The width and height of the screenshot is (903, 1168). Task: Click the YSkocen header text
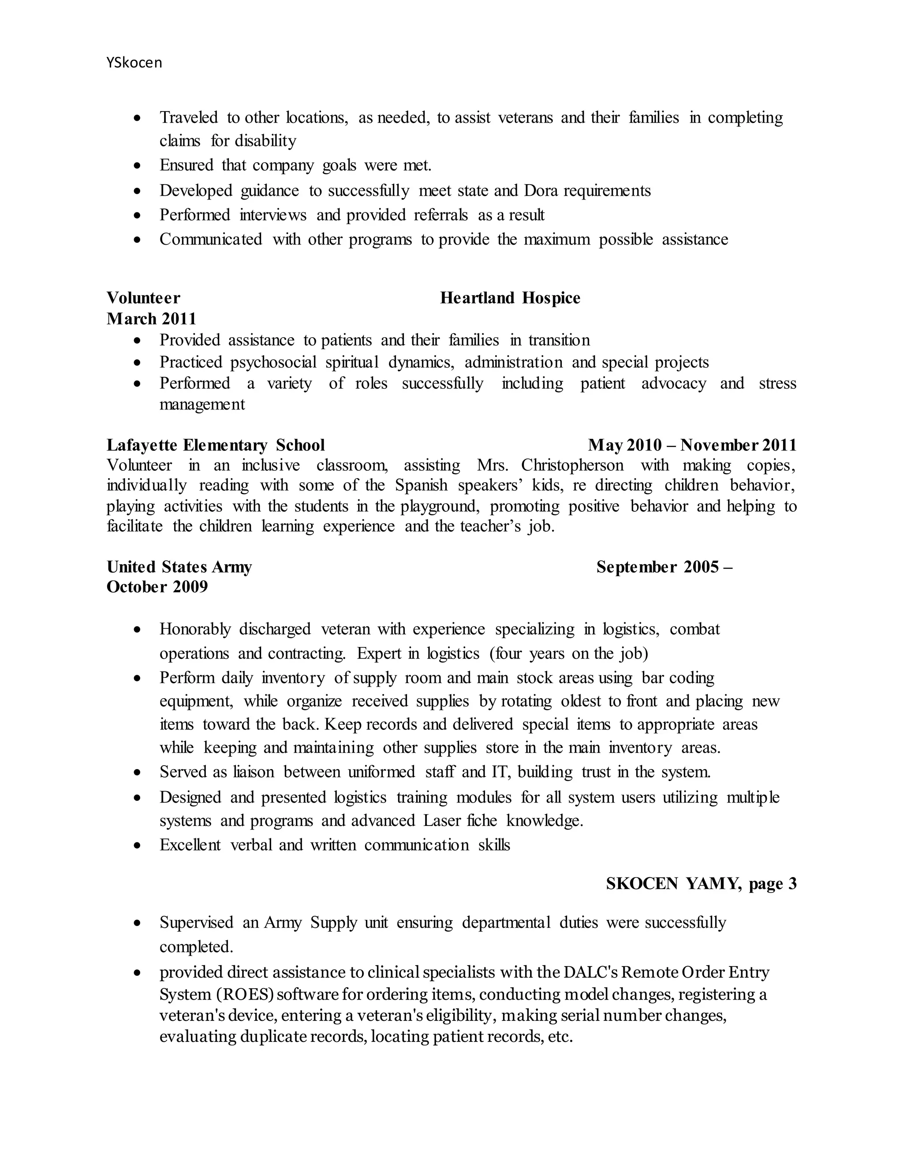[x=134, y=63]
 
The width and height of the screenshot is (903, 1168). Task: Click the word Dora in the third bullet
[x=541, y=191]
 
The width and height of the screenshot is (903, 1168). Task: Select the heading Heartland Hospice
[x=510, y=298]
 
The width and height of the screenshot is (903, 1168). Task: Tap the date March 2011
[x=151, y=319]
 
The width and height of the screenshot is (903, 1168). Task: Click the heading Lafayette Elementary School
[x=216, y=445]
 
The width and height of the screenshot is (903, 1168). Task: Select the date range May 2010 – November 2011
[x=692, y=445]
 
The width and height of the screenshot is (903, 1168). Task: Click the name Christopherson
[x=572, y=465]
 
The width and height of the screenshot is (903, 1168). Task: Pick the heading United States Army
[x=179, y=567]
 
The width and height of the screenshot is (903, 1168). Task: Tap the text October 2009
[x=157, y=587]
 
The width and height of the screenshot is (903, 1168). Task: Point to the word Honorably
[x=195, y=629]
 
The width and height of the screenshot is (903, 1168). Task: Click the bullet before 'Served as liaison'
[x=138, y=773]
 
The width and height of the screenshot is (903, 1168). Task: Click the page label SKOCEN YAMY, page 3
[x=701, y=883]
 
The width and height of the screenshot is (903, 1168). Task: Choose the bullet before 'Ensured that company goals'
[x=138, y=166]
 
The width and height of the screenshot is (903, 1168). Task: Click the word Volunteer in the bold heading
[x=143, y=298]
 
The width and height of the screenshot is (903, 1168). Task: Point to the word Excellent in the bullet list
[x=190, y=845]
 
